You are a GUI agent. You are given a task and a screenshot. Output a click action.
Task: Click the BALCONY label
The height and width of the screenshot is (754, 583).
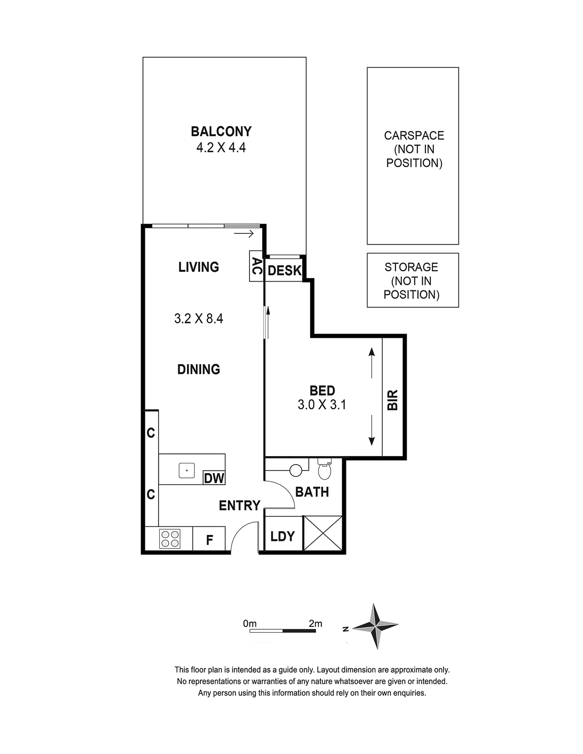pyautogui.click(x=221, y=132)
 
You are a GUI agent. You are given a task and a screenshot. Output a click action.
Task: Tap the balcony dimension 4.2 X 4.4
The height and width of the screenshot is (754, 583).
pyautogui.click(x=221, y=148)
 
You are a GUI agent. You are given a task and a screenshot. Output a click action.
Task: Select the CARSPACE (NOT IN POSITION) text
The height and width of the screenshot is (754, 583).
pyautogui.click(x=414, y=149)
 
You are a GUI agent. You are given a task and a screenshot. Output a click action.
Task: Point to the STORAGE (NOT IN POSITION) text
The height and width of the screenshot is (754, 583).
pyautogui.click(x=411, y=281)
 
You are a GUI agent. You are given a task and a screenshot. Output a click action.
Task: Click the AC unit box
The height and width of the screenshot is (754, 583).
pyautogui.click(x=256, y=266)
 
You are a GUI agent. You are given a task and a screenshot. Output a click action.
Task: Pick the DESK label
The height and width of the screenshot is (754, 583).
pyautogui.click(x=285, y=271)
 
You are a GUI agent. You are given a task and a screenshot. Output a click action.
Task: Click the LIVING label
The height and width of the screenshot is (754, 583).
pyautogui.click(x=198, y=267)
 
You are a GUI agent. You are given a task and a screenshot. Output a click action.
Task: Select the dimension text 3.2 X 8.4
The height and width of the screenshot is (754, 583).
pyautogui.click(x=198, y=318)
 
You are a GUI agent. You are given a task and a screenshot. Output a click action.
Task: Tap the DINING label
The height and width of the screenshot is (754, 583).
pyautogui.click(x=198, y=369)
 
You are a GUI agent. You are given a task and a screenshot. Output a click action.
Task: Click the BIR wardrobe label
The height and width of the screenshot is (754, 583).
pyautogui.click(x=393, y=400)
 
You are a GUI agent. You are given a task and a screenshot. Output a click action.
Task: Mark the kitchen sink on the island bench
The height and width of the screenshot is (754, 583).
pyautogui.click(x=187, y=471)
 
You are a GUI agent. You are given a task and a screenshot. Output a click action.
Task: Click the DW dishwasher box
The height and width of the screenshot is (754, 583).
pyautogui.click(x=214, y=478)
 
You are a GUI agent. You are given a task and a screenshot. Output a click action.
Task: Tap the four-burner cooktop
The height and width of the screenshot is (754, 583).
pyautogui.click(x=170, y=539)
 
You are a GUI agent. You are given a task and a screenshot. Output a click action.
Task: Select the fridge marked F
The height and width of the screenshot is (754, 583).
pyautogui.click(x=209, y=539)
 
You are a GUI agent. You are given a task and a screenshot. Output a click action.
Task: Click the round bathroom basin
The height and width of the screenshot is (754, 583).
pyautogui.click(x=296, y=470)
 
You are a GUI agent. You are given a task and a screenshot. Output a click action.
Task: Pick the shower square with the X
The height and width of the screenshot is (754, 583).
pyautogui.click(x=322, y=533)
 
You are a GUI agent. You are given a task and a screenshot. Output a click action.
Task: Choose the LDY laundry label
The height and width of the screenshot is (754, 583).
pyautogui.click(x=282, y=536)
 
